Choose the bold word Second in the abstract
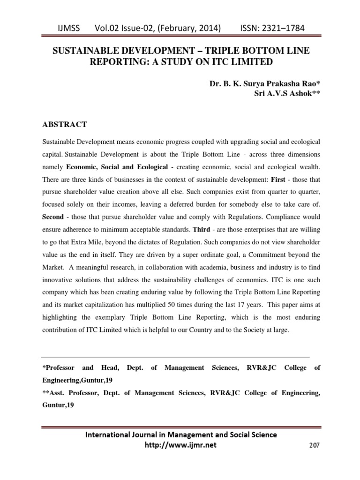52,217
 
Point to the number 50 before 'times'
209,305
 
